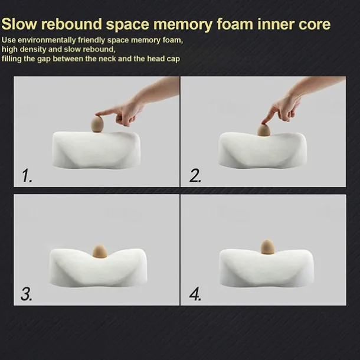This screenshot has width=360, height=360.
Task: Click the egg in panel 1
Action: click(x=97, y=124)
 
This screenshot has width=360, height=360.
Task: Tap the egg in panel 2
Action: click(x=264, y=130)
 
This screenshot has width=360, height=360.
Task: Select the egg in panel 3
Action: click(x=100, y=251)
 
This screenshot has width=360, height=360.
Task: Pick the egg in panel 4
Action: click(x=267, y=247)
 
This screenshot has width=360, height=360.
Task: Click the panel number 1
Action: click(x=27, y=176)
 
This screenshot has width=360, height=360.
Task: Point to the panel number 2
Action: click(x=195, y=176)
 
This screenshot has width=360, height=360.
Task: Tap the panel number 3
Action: click(x=27, y=294)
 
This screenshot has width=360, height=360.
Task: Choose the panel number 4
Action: click(x=195, y=294)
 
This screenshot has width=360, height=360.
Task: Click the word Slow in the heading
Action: click(x=19, y=24)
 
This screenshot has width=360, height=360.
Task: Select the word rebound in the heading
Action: click(x=71, y=24)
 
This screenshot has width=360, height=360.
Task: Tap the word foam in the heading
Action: click(x=235, y=24)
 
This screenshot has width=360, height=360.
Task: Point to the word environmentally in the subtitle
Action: click(x=47, y=40)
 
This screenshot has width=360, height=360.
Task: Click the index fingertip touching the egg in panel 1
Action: click(x=97, y=114)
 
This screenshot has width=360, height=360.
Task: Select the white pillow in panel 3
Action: click(x=98, y=268)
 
